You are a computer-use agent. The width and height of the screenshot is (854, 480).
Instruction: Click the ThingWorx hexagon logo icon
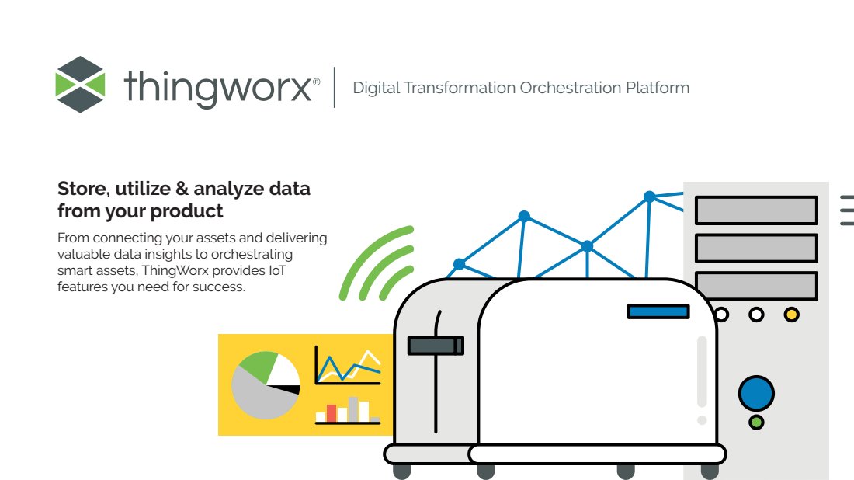coord(80,85)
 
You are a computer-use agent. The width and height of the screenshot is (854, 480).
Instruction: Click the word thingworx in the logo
coord(218,87)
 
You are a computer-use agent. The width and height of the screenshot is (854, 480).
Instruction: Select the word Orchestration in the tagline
coord(571,88)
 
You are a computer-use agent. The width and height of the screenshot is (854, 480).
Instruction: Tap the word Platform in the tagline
coord(658,88)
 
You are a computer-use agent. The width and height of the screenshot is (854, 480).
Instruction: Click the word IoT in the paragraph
coord(277,270)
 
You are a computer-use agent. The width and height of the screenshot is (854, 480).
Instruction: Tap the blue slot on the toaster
coord(658,311)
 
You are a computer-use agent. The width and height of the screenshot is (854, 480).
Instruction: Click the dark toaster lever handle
coord(436,346)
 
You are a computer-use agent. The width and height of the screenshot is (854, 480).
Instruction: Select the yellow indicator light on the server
coord(791,315)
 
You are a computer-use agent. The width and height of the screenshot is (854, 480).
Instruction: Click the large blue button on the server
coord(756,393)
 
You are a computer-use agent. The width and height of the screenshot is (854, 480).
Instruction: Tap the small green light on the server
coord(756,423)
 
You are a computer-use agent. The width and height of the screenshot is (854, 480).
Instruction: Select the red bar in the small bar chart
coord(332,413)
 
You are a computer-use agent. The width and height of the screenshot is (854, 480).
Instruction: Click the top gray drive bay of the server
coord(756,210)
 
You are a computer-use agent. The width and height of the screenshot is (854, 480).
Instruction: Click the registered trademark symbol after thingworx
coord(317,82)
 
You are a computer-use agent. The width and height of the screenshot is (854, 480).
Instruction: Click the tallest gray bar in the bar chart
coord(353,409)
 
